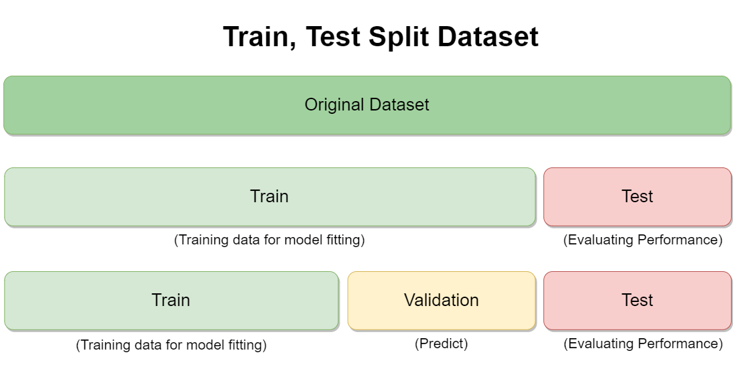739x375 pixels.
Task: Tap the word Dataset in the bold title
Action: pos(488,37)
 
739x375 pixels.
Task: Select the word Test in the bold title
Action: pos(333,37)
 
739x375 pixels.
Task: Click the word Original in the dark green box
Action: pos(334,104)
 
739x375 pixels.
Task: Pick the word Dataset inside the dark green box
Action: pos(399,104)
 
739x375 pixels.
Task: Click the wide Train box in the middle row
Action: pos(270,197)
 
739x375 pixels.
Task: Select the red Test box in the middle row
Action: pos(637,197)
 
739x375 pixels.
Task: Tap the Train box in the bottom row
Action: pos(172,301)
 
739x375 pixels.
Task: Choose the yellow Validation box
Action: pos(442,301)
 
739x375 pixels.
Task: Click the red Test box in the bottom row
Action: pos(637,301)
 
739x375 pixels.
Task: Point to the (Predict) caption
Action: pos(442,344)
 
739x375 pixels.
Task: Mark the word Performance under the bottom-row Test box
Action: pos(680,344)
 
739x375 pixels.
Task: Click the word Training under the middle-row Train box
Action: pos(204,240)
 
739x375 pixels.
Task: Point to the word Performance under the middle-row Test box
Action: pos(680,240)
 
